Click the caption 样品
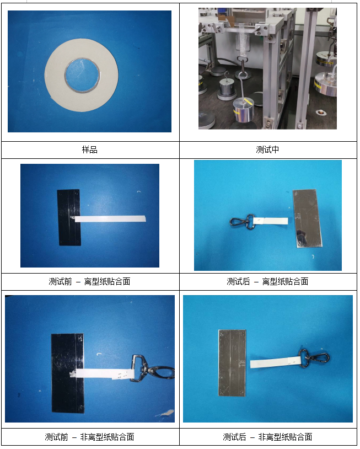coord(89,149)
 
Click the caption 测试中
coord(267,149)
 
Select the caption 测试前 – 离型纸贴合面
coord(89,281)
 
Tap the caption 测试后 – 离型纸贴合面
coord(267,281)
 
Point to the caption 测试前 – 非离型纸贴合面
coord(89,437)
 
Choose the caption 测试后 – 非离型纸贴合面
coord(267,437)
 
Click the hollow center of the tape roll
coord(82,75)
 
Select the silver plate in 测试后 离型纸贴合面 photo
coord(308,218)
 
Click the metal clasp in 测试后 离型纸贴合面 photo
coord(243,222)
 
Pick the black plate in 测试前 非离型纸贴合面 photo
coord(68,373)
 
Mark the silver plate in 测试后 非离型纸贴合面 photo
coord(232,363)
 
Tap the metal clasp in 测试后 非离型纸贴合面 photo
coord(314,358)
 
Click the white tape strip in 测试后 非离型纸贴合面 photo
coord(275,362)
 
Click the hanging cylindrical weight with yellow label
coord(244,110)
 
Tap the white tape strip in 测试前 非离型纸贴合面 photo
coord(103,373)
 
